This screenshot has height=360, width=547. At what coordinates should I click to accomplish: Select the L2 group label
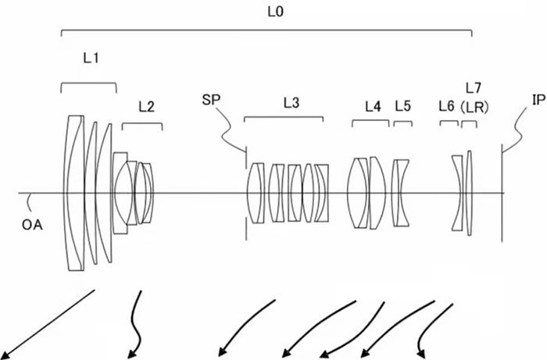pos(146,107)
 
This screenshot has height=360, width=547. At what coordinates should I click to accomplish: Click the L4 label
pos(372,105)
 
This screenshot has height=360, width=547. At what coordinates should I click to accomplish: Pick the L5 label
pos(402,105)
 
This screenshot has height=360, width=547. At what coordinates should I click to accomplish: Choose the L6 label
pos(447,105)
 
